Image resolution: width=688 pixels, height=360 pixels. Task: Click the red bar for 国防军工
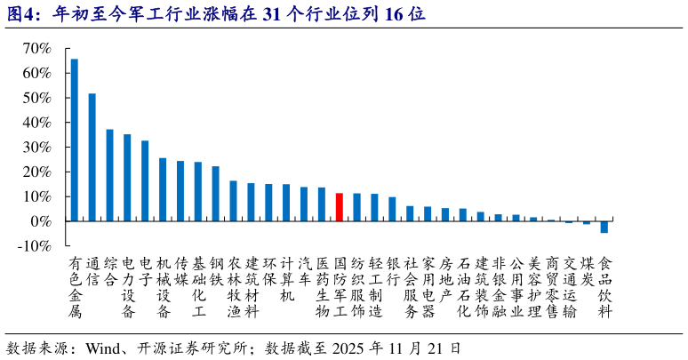coord(339,207)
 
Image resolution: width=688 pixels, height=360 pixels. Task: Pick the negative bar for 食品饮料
coord(604,227)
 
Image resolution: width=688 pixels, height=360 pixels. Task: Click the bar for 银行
coord(392,209)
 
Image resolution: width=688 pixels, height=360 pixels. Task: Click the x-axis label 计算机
coord(286,279)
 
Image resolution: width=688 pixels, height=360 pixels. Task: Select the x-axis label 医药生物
coord(322,287)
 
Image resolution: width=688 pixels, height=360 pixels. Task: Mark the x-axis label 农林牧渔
coord(233,287)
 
